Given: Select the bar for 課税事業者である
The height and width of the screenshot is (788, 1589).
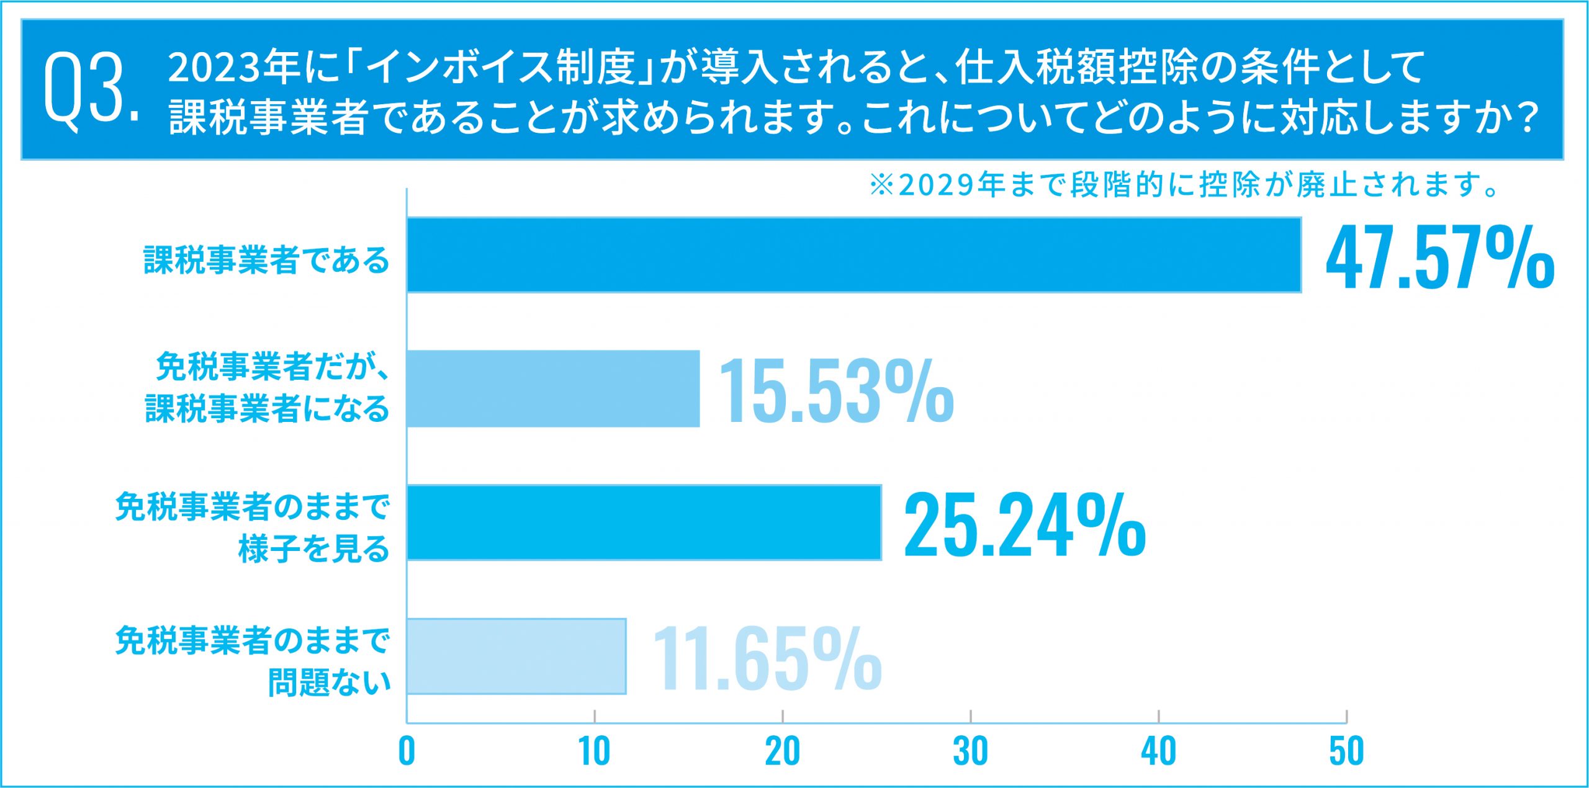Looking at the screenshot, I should tap(853, 254).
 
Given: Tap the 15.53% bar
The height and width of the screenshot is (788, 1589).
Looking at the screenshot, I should tap(553, 388).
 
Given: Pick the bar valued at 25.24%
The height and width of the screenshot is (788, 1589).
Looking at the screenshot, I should tap(644, 522).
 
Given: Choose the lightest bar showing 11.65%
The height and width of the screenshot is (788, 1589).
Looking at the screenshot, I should tap(516, 656).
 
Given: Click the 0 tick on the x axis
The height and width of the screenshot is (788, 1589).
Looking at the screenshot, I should tap(407, 751).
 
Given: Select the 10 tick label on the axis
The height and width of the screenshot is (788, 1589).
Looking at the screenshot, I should tap(594, 751).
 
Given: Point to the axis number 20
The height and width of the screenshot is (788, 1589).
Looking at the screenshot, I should tap(782, 751).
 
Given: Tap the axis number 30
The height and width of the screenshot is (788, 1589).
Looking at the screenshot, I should tap(970, 751).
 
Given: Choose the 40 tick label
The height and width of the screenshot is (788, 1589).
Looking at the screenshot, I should tap(1158, 751).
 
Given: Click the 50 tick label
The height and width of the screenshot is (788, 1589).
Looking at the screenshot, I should tap(1346, 751).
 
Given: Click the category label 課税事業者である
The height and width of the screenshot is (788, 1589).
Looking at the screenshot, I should tap(266, 260).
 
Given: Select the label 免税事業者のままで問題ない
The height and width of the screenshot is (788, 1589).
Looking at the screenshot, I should tap(253, 661).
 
